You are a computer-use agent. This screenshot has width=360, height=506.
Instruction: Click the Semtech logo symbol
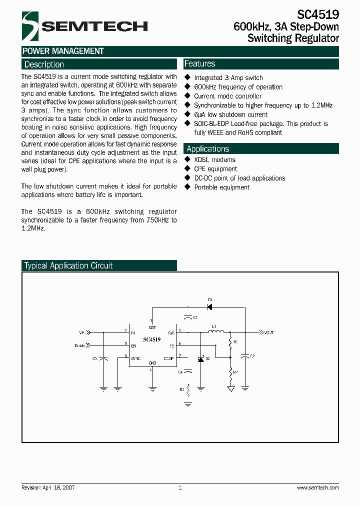[x=30, y=26]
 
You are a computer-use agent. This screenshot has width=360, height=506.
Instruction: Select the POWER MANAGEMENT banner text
[x=63, y=51]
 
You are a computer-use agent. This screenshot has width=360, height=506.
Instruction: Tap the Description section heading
[x=44, y=64]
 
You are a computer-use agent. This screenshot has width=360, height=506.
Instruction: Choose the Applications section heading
[x=207, y=149]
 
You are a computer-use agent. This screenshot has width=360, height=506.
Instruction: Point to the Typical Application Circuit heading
[x=68, y=266]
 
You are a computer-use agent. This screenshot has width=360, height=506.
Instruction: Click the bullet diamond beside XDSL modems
[x=188, y=159]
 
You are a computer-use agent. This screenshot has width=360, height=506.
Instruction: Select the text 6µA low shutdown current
[x=230, y=114]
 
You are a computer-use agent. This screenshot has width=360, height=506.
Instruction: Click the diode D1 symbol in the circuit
[x=210, y=306]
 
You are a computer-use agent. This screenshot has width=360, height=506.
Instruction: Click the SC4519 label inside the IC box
[x=151, y=339]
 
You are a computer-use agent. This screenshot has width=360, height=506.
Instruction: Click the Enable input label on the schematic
[x=79, y=345]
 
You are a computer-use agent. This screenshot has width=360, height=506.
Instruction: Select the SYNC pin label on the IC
[x=135, y=358]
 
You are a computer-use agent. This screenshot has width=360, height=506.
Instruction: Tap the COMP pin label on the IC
[x=168, y=358]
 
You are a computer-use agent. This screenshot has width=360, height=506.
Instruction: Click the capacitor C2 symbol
[x=245, y=356]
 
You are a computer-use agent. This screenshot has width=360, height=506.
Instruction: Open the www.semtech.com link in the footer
[x=318, y=487]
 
